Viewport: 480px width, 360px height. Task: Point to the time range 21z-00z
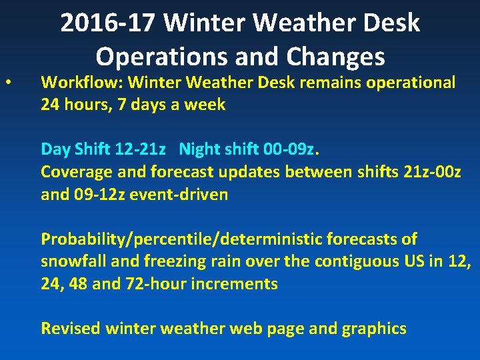(432, 171)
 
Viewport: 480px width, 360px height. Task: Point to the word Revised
(71, 328)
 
